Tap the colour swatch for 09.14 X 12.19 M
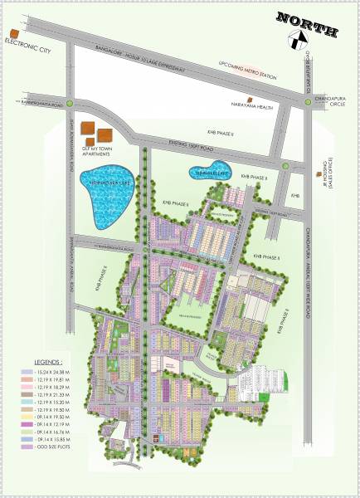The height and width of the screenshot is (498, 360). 27,425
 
